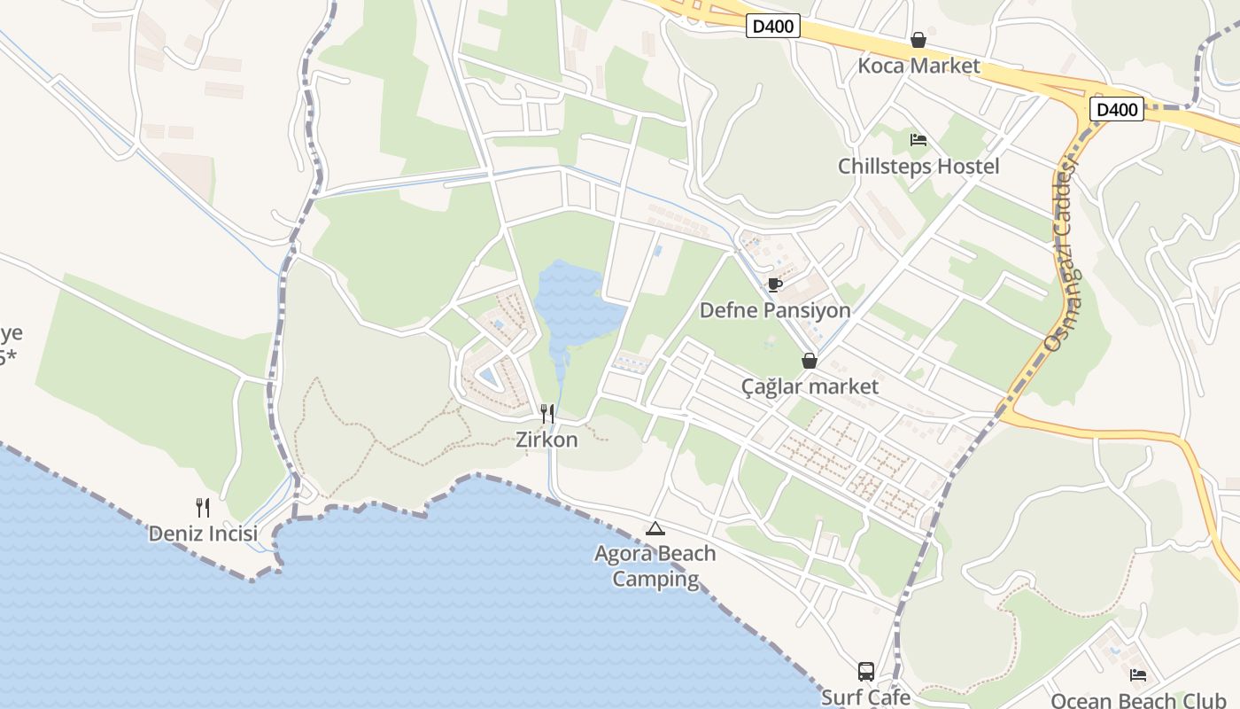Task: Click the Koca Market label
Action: [x=918, y=66]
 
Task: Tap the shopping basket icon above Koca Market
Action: [x=918, y=40]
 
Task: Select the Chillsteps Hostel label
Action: [x=918, y=166]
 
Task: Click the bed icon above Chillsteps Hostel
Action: [x=918, y=140]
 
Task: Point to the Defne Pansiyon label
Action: [x=775, y=310]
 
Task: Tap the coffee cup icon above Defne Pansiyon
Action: [x=775, y=284]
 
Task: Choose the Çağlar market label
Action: [x=810, y=386]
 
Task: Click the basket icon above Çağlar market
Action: [x=810, y=361]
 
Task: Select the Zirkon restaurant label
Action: [x=546, y=439]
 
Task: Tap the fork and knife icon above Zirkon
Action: [x=547, y=413]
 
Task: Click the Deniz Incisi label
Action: [x=203, y=534]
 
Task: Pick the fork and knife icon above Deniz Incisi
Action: [x=203, y=508]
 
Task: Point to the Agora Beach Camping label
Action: [x=655, y=566]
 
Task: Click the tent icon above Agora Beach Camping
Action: [x=655, y=529]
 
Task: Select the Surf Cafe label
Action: [x=865, y=697]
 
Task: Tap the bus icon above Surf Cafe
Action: [x=865, y=672]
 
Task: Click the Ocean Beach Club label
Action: [x=1138, y=700]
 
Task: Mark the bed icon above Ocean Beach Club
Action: [x=1138, y=675]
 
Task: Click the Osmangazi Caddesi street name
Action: [x=1062, y=257]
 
